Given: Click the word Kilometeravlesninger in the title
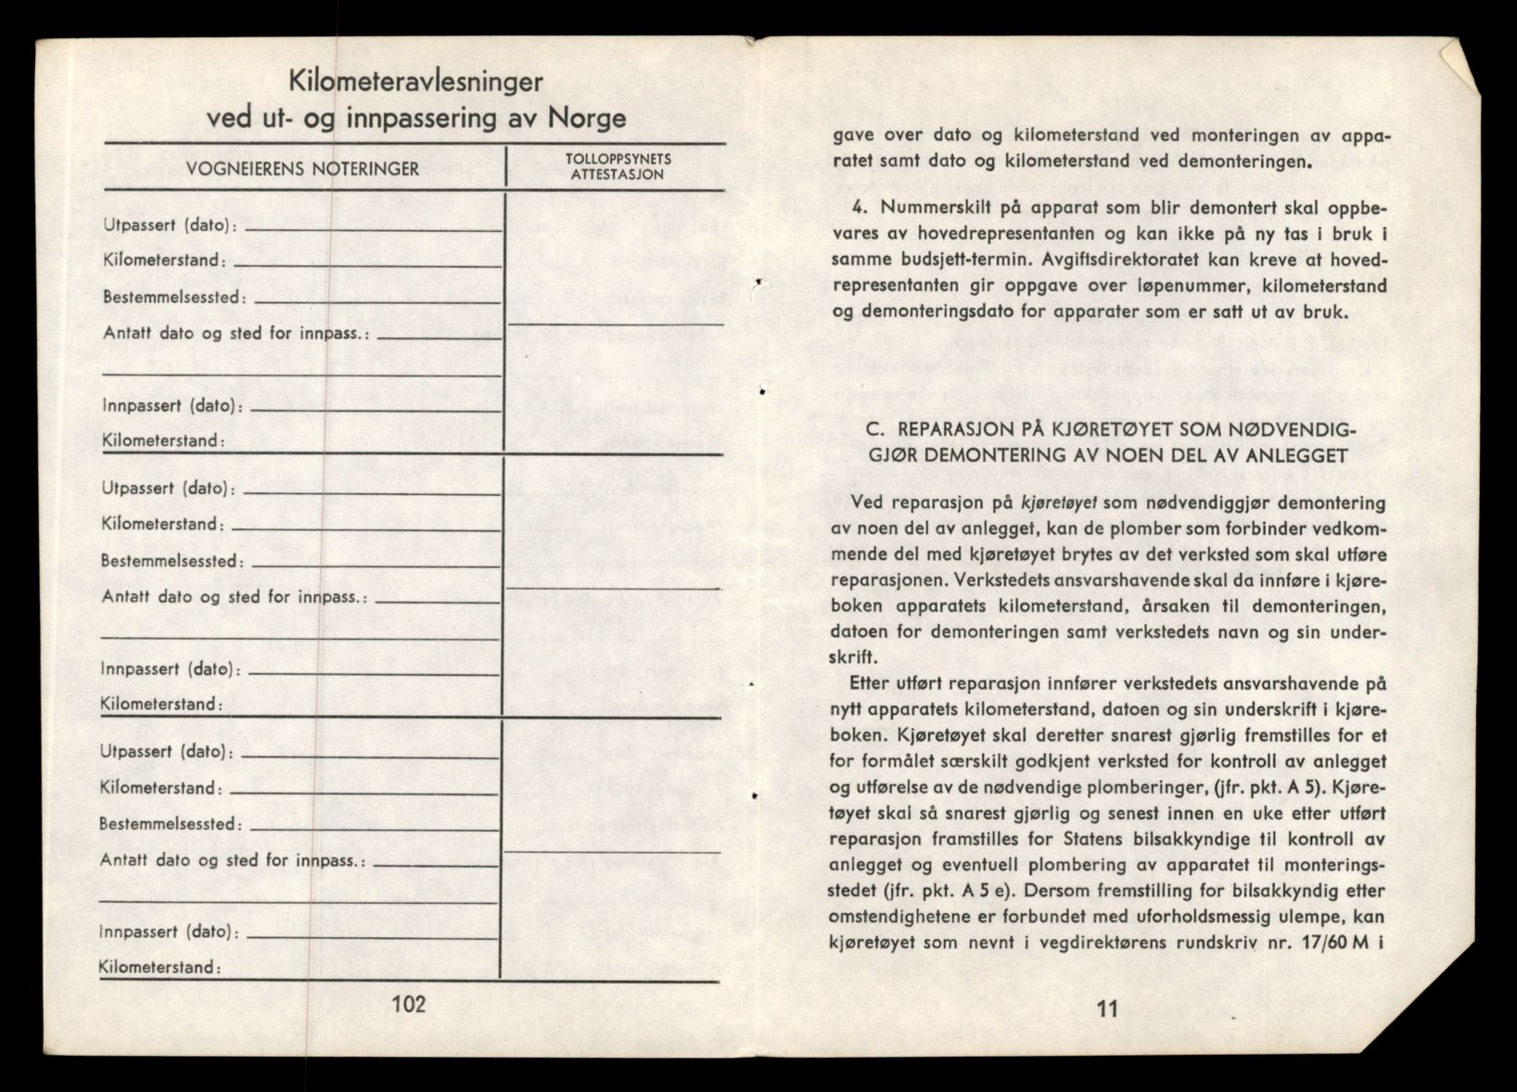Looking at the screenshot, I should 415,82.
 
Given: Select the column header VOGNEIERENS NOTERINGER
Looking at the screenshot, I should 302,169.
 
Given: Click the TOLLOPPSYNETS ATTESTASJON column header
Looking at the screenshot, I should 618,167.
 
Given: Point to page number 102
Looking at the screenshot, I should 408,1005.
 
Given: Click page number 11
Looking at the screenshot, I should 1106,1009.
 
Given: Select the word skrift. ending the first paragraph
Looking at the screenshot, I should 854,656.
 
